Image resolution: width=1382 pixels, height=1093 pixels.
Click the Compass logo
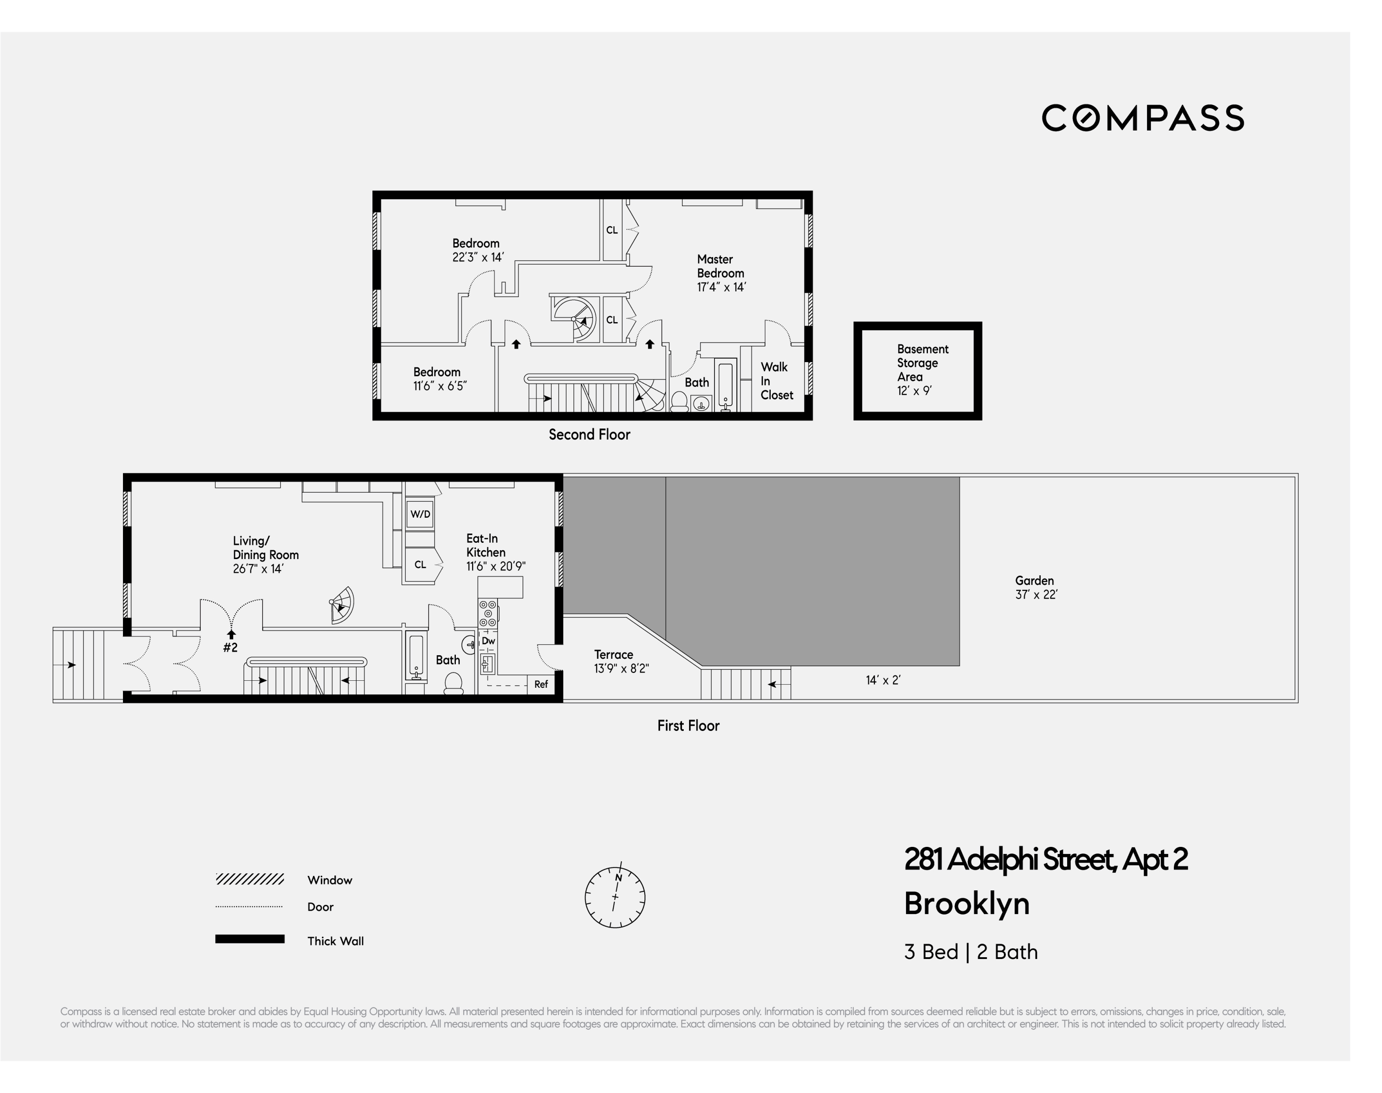click(1142, 118)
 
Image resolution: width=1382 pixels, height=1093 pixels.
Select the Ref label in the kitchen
click(541, 684)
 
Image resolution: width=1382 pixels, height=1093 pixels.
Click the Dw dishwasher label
click(488, 641)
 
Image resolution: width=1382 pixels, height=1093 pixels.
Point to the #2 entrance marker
click(230, 647)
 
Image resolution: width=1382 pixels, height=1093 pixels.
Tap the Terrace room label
click(613, 655)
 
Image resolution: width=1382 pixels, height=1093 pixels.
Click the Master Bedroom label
click(721, 272)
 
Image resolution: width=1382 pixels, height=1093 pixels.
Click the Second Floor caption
click(589, 435)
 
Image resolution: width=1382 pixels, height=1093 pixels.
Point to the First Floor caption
click(688, 726)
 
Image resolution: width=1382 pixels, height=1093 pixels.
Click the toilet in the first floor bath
click(453, 683)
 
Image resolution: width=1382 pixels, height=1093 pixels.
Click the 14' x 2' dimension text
click(883, 680)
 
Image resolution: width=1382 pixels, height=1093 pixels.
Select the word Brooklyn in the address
click(966, 904)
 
